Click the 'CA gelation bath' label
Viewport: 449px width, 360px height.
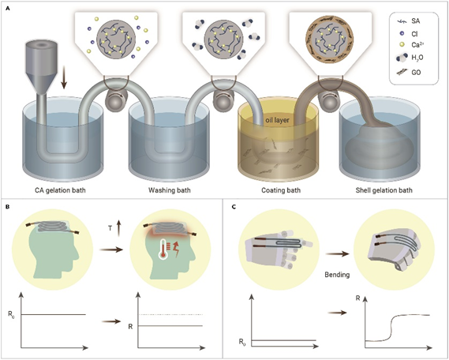pyautogui.click(x=60, y=190)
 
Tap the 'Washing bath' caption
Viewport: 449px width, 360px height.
pyautogui.click(x=169, y=190)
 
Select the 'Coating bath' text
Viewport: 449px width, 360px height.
pyautogui.click(x=281, y=190)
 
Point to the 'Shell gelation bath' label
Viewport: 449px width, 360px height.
pyautogui.click(x=384, y=190)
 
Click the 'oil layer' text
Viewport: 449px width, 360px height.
pyautogui.click(x=278, y=120)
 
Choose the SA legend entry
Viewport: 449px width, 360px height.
pyautogui.click(x=408, y=21)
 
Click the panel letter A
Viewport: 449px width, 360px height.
pyautogui.click(x=7, y=9)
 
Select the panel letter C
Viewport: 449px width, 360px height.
pyautogui.click(x=234, y=207)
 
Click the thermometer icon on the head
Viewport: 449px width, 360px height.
pyautogui.click(x=164, y=249)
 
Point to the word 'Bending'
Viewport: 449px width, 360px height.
pyautogui.click(x=337, y=275)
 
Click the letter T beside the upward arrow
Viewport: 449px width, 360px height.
pyautogui.click(x=110, y=228)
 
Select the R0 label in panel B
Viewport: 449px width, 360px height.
pyautogui.click(x=12, y=314)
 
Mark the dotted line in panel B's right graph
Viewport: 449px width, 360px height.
pyautogui.click(x=170, y=314)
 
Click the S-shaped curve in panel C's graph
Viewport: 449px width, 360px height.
pyautogui.click(x=391, y=328)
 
